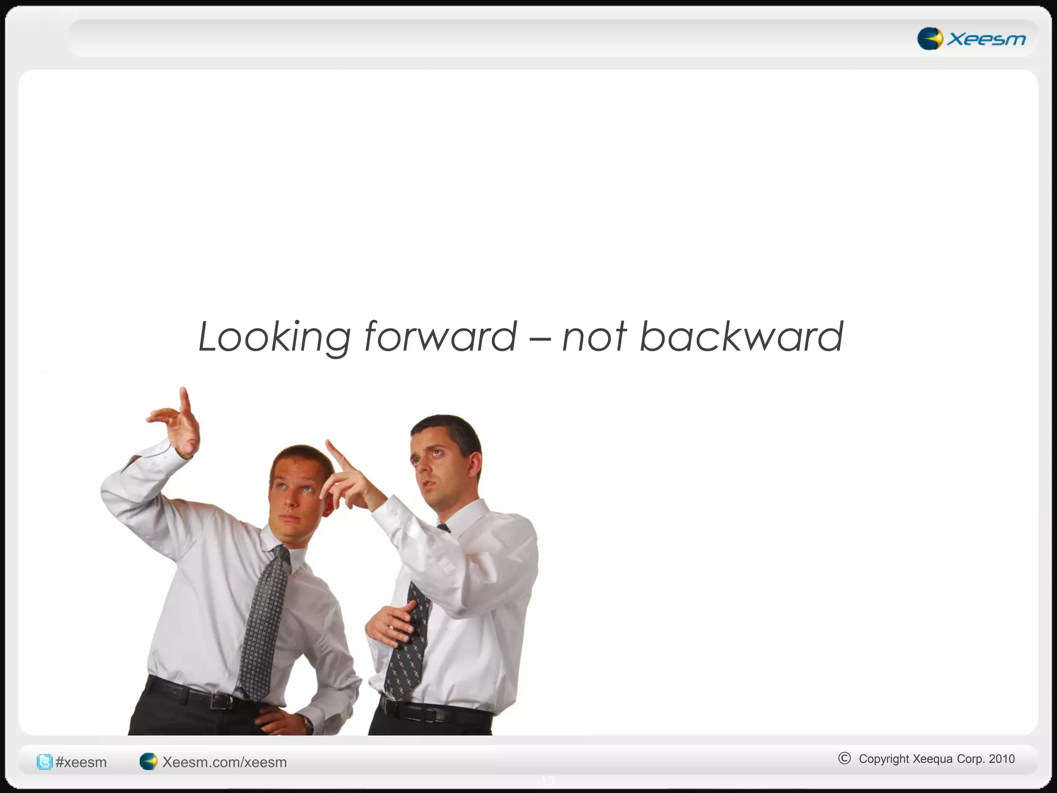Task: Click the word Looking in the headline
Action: pos(274,337)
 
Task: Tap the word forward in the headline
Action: pos(440,337)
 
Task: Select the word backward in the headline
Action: pos(741,337)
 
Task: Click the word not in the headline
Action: pos(594,337)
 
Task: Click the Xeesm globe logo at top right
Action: pos(930,39)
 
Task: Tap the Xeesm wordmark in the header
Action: pos(986,39)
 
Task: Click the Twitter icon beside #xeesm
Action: pos(44,762)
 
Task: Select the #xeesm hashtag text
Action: pos(81,762)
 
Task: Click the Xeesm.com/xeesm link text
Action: pos(225,762)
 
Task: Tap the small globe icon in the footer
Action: pos(148,762)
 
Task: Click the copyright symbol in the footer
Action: pos(844,758)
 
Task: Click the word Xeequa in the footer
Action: pos(932,759)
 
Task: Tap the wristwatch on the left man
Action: pos(308,723)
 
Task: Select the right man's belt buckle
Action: pos(429,715)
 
